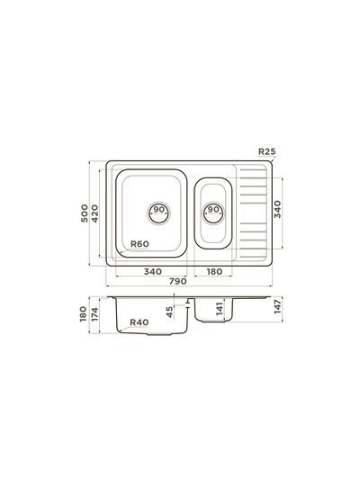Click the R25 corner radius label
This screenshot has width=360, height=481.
coord(267,151)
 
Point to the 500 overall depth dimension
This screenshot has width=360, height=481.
coord(85,213)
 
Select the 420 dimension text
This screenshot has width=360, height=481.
coord(95,213)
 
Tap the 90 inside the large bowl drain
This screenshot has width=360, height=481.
coord(159,210)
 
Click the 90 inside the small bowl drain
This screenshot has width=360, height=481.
coord(213,209)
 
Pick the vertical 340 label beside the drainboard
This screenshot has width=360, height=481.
coord(277,209)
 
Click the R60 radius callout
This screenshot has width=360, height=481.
coord(139,244)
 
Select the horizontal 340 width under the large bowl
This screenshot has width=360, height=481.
coord(153,271)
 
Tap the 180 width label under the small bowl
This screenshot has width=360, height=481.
coord(214,271)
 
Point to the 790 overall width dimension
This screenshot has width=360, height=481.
coord(177,281)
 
